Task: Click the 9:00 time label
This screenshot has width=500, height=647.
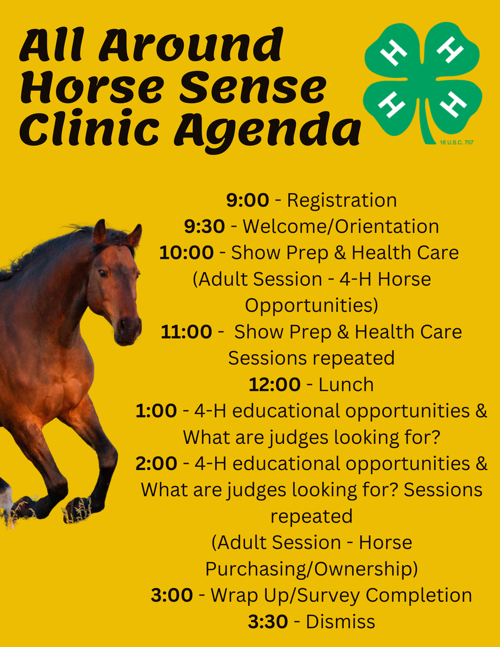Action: coord(248,200)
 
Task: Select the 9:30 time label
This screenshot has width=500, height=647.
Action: coord(205,226)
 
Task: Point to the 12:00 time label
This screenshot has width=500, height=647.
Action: coord(275,384)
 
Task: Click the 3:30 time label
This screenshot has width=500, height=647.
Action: coord(268,621)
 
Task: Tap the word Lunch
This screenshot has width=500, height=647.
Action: coord(346,384)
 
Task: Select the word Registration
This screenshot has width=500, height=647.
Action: coord(342,200)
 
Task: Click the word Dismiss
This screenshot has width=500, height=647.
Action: coord(340,621)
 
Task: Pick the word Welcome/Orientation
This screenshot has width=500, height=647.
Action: coord(341,226)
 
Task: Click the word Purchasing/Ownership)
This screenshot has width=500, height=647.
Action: coord(312,569)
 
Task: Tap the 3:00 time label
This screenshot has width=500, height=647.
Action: coord(172,595)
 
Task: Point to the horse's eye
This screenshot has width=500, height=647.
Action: coord(103,273)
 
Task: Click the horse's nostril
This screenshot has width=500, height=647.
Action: coord(123,324)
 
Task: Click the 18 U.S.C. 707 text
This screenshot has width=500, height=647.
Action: coord(457,142)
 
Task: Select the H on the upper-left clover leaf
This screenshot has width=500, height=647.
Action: coord(393,53)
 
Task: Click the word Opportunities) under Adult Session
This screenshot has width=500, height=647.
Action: coord(312,306)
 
